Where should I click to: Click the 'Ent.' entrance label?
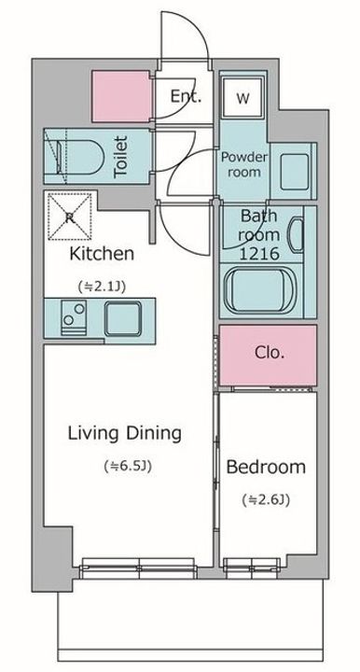[x=186, y=96]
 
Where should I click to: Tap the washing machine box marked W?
[x=242, y=98]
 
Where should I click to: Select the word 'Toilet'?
[x=120, y=157]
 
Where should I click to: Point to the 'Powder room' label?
[x=244, y=164]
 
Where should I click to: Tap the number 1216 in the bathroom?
[x=259, y=254]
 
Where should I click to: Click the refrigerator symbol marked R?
[x=69, y=217]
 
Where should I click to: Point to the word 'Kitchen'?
[x=102, y=254]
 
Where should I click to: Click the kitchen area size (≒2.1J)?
[x=102, y=286]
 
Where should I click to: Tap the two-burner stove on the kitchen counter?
[x=74, y=317]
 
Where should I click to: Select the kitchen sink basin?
[x=123, y=318]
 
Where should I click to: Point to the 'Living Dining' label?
[x=125, y=434]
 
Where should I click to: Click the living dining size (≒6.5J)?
[x=128, y=466]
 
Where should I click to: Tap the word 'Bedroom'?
[x=266, y=467]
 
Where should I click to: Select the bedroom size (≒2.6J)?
[x=266, y=499]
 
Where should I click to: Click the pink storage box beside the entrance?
[x=120, y=96]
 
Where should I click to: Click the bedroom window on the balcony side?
[x=252, y=568]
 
